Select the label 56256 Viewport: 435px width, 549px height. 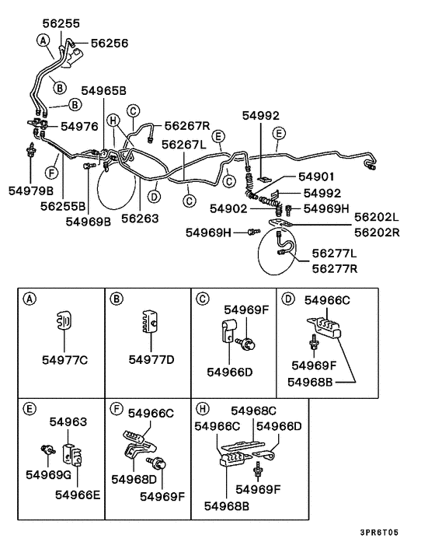[110, 44]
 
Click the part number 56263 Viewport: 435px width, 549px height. [140, 219]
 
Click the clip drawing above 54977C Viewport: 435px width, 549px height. [65, 321]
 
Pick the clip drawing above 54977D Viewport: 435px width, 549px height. [149, 322]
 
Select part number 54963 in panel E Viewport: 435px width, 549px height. [68, 421]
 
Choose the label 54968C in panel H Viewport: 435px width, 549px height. [254, 410]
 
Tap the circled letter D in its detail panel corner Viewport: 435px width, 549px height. [287, 299]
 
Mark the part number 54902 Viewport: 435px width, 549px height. [228, 208]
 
